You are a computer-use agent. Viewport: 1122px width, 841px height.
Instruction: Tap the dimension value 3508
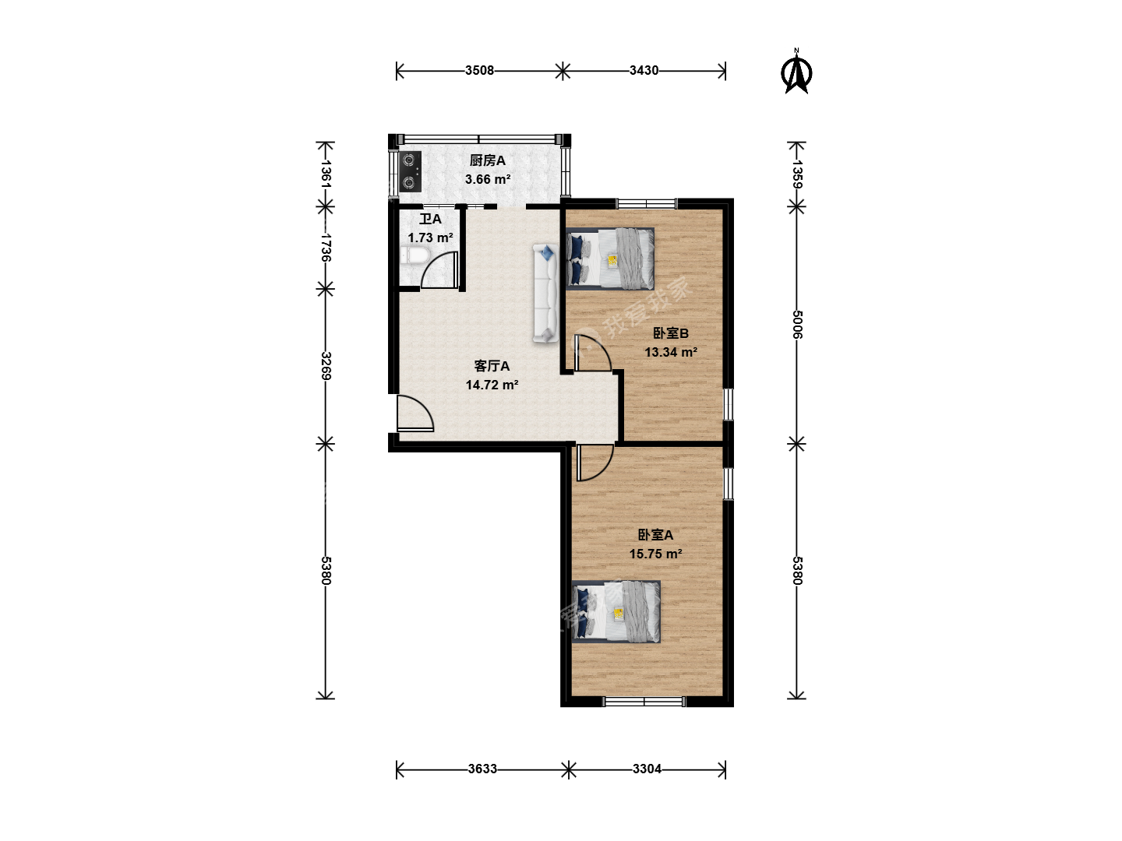[x=479, y=70]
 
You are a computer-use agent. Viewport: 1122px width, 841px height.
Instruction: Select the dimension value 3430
[x=644, y=70]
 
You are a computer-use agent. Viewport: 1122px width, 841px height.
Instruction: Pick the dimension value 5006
[x=797, y=324]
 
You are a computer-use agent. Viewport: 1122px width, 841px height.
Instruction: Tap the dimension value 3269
[x=326, y=366]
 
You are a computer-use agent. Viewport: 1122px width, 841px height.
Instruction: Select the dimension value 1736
[x=326, y=248]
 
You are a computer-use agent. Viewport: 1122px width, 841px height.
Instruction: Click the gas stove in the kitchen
[x=410, y=171]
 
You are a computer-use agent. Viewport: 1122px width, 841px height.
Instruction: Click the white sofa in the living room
[x=545, y=293]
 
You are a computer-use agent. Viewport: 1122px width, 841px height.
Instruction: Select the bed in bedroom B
[x=610, y=258]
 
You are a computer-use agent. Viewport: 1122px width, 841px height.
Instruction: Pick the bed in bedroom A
[x=616, y=611]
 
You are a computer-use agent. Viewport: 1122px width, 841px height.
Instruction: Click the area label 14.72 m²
[x=492, y=385]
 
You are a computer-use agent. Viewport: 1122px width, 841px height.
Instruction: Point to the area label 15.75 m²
[x=656, y=554]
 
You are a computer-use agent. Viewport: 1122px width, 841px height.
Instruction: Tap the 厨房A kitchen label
[x=488, y=160]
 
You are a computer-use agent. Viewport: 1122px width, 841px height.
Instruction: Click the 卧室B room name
[x=671, y=333]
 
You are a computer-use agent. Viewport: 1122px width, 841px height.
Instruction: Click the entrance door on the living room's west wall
[x=415, y=413]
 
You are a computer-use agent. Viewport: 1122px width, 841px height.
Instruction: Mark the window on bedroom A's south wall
[x=644, y=702]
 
